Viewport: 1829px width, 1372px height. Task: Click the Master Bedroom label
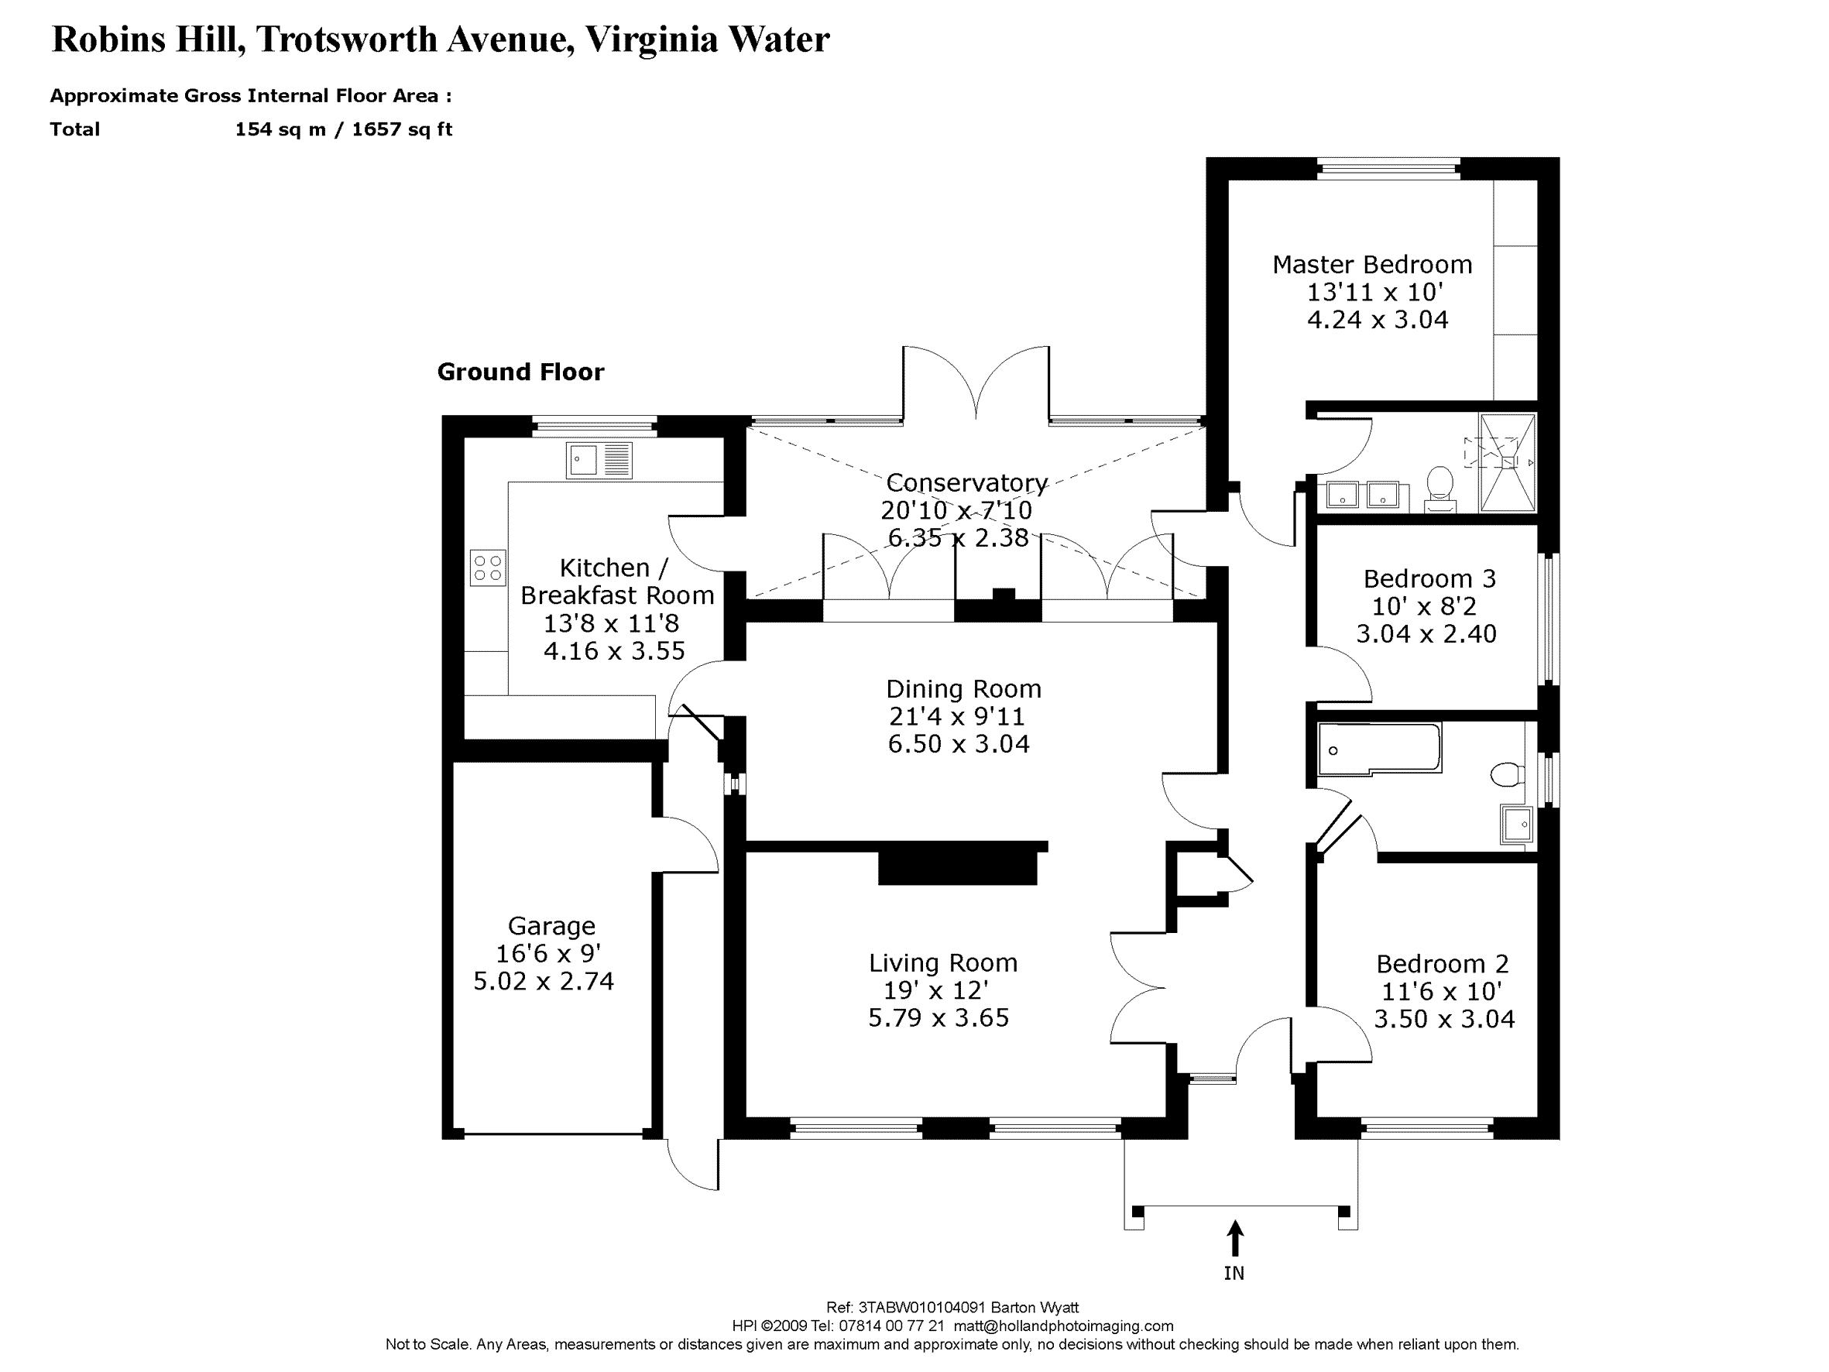1372,265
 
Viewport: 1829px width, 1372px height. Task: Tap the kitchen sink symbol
599,460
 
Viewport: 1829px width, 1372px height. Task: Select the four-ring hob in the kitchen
488,568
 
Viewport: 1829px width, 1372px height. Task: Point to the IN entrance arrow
1234,1238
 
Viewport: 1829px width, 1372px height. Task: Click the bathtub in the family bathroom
1378,749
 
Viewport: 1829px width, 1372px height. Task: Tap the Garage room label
551,925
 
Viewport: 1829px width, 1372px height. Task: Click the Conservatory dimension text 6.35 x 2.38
958,538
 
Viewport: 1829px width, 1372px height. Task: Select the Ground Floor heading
520,372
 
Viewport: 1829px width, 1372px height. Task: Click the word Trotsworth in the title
346,39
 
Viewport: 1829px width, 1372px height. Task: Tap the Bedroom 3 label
1429,578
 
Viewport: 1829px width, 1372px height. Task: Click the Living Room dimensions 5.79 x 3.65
939,1017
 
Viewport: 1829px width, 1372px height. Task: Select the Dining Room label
963,689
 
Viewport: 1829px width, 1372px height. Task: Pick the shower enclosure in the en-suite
1508,463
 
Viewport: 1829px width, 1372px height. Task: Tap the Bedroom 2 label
1442,963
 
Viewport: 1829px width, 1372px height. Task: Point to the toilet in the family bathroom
1508,774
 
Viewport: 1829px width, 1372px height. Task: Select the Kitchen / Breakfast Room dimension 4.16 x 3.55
613,651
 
